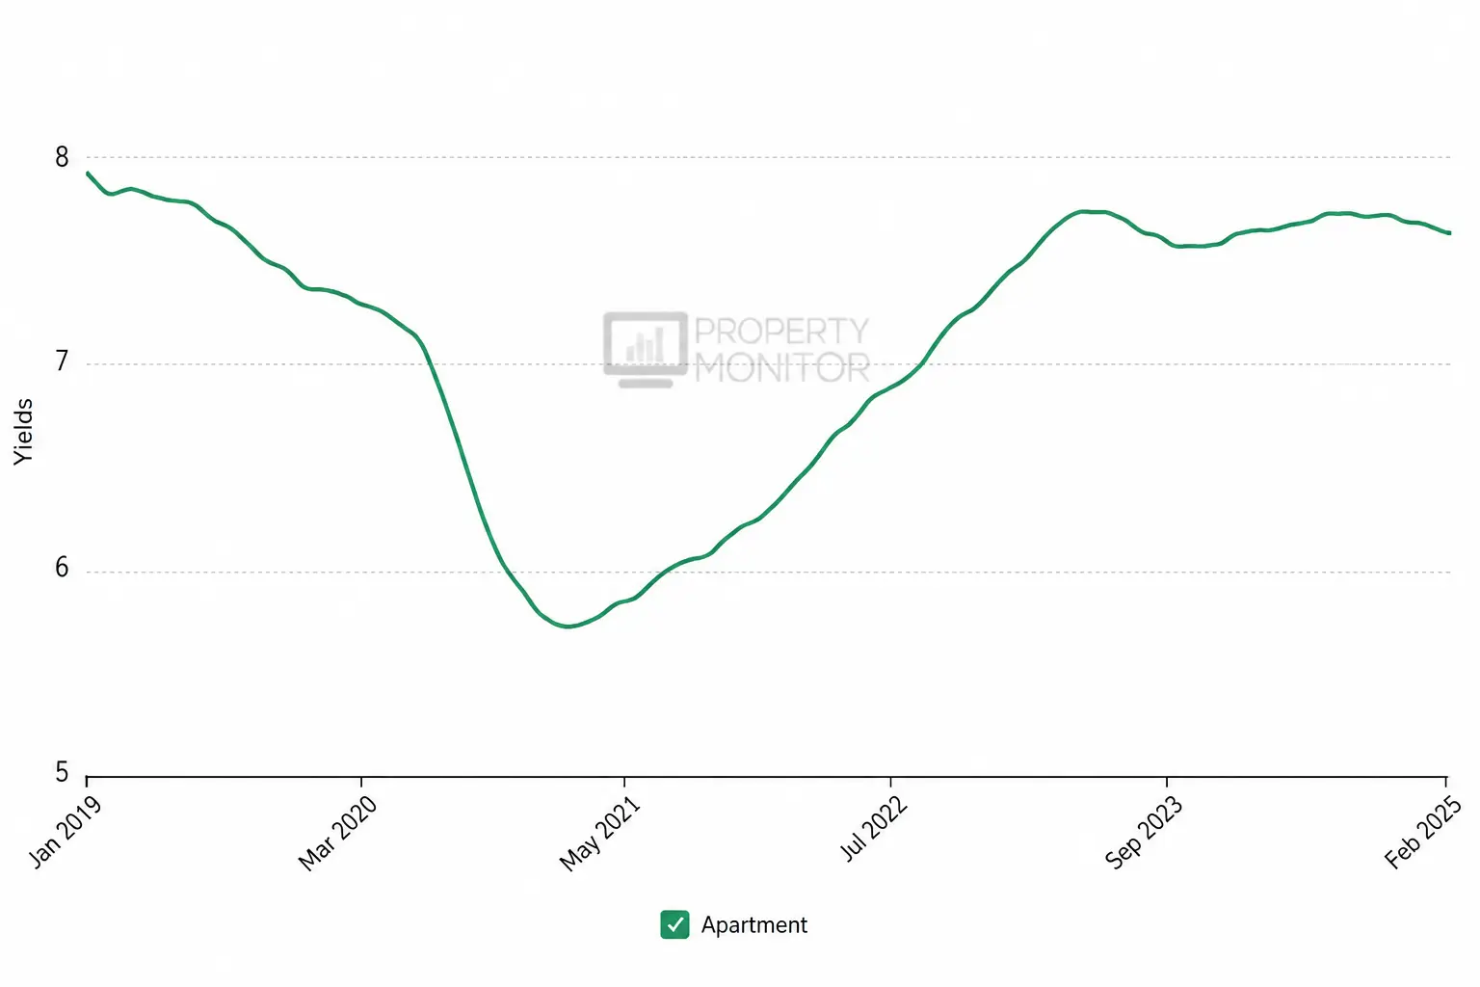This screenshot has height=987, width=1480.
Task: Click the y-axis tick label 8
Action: coord(62,157)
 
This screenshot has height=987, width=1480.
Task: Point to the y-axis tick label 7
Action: coord(62,361)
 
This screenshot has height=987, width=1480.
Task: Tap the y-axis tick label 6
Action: coord(62,567)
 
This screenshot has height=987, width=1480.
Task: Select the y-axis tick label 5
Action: coord(62,771)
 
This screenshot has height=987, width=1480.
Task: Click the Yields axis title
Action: coord(23,432)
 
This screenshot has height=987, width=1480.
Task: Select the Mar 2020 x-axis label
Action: coord(337,833)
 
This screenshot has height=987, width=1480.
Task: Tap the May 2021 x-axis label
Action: coord(600,833)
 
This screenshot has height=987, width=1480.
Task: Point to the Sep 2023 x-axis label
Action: coord(1144,833)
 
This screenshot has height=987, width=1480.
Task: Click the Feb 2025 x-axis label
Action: coord(1423,832)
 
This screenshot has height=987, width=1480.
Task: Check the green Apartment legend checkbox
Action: coord(674,924)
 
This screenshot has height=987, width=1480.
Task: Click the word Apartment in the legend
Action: coord(753,925)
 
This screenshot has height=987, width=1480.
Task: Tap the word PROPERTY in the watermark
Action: coord(781,331)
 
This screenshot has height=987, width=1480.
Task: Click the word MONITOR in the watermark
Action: coord(782,367)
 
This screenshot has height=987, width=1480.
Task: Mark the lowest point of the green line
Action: coord(568,626)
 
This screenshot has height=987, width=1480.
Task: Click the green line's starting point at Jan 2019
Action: coord(88,173)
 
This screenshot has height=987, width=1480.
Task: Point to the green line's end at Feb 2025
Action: coord(1449,232)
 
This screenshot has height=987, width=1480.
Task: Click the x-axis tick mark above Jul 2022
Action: coord(890,782)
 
